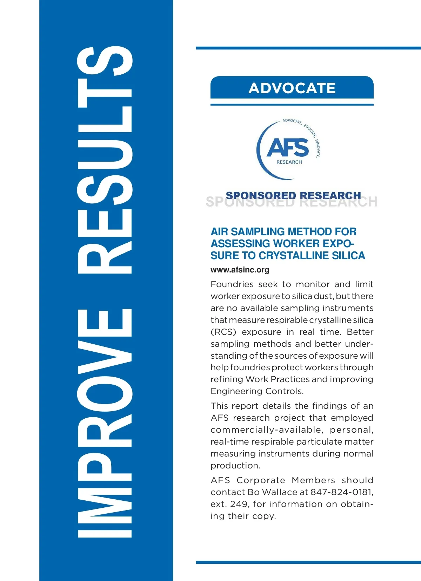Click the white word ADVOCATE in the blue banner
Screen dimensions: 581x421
tap(292, 88)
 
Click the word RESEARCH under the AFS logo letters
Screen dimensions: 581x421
tap(289, 162)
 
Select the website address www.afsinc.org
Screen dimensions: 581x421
tap(240, 270)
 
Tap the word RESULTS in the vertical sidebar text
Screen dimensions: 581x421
tap(105, 160)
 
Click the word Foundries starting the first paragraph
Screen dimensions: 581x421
tap(232, 284)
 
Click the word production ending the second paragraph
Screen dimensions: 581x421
tap(235, 466)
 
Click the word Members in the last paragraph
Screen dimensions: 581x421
tap(313, 480)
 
